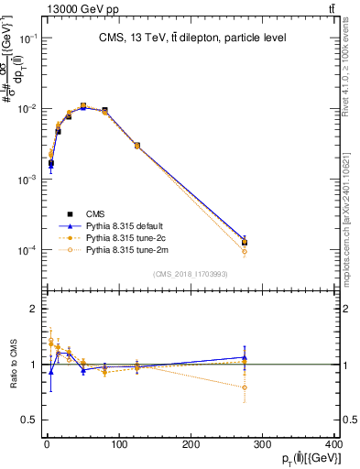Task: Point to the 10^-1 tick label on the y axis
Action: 28,38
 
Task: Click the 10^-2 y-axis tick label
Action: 28,109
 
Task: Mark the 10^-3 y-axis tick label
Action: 28,180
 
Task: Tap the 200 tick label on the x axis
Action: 191,444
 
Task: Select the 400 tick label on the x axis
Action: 334,444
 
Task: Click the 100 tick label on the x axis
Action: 119,444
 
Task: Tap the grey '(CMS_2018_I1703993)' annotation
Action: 191,273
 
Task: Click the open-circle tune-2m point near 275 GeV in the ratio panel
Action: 245,387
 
